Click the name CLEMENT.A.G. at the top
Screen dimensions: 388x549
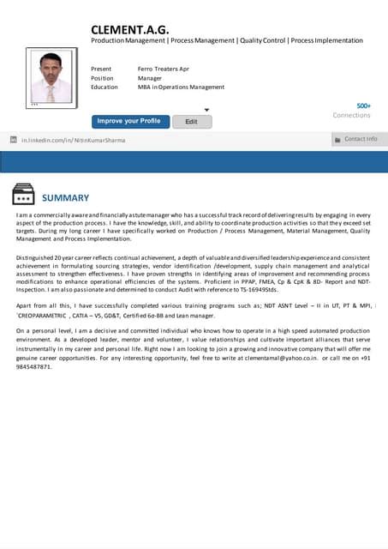(x=129, y=30)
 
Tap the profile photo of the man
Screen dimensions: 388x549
(x=51, y=77)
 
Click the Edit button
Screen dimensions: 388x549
(x=192, y=122)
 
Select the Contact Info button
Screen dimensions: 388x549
(x=359, y=139)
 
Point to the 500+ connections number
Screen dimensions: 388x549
(x=363, y=106)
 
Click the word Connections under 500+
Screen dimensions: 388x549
(x=351, y=115)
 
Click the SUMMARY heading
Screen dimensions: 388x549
(x=65, y=197)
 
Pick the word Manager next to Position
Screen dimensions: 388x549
(x=150, y=77)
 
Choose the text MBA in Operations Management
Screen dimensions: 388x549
(x=181, y=87)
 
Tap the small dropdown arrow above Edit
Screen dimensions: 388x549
(x=206, y=110)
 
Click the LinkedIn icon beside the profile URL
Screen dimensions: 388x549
(x=13, y=139)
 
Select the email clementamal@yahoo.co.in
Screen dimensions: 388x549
(x=306, y=359)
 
